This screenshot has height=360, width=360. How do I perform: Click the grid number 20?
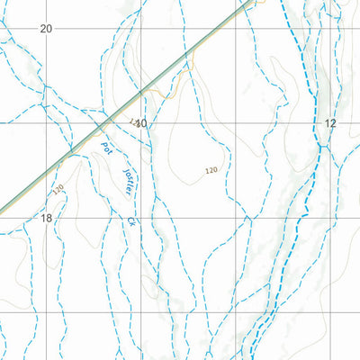[47, 29]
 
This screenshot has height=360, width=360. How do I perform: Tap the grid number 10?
[140, 123]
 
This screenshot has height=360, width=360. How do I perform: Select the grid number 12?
[330, 123]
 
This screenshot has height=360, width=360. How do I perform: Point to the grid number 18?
[47, 218]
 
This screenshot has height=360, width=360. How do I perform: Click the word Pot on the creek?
[106, 148]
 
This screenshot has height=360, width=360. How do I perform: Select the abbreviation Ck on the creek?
[132, 220]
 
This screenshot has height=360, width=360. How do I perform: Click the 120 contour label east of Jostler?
[211, 170]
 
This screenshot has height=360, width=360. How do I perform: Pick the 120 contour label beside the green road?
[58, 190]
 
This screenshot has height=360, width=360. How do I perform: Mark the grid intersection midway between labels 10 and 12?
[236, 123]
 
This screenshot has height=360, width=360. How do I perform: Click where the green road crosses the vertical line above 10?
[141, 92]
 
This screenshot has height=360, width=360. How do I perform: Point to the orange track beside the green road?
[166, 90]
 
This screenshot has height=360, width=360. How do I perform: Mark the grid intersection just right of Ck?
[141, 219]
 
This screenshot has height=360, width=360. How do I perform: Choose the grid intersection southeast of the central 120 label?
[236, 219]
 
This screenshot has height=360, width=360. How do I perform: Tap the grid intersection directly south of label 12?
[331, 219]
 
